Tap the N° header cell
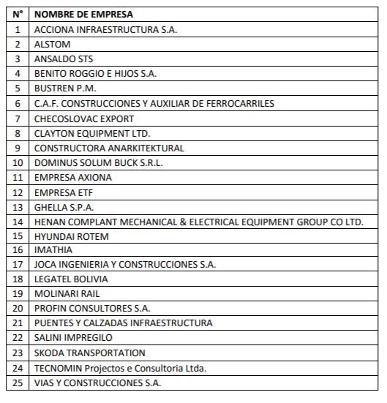pos(18,15)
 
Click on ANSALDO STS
pos(64,59)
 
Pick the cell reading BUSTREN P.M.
pos(65,88)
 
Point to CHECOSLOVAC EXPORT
pos(84,118)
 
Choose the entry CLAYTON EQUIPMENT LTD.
pos(92,133)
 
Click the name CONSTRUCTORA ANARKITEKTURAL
pos(109,148)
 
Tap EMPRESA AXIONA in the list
pos(73,177)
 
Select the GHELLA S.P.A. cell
pos(64,206)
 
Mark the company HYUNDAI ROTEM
pos(71,236)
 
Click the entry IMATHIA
pos(53,250)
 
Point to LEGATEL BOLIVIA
pos(71,279)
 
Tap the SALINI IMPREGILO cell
pos(73,338)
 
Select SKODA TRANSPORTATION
pos(90,353)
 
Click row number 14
pos(18,221)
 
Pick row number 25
pos(18,383)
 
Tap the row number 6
pos(18,103)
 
